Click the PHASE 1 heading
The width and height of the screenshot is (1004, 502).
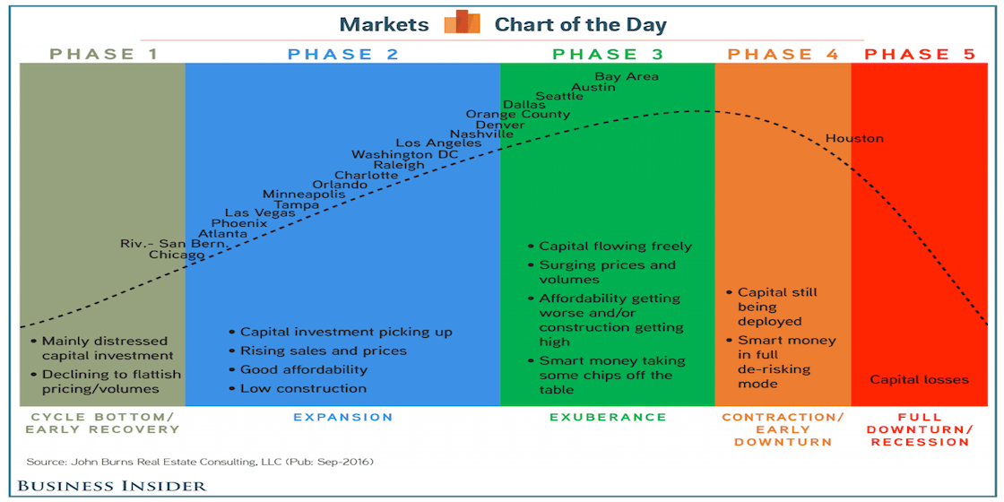104,55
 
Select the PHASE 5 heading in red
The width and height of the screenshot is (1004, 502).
919,55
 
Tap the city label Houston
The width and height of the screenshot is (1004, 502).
854,138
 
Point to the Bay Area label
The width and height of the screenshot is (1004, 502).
627,76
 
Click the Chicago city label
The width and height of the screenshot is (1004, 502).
177,255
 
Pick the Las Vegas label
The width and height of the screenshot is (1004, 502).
260,212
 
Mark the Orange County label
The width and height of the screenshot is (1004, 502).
517,114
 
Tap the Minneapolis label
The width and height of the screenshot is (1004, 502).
304,194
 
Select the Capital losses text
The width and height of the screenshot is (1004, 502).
919,379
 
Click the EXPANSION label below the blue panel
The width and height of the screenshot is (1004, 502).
343,417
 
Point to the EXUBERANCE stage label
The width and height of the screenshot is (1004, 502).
608,417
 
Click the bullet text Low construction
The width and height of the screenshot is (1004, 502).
303,388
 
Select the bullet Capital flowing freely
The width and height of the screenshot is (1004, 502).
615,246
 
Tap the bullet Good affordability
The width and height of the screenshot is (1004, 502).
303,369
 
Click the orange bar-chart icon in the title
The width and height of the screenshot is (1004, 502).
463,22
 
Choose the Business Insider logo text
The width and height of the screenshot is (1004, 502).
111,486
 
